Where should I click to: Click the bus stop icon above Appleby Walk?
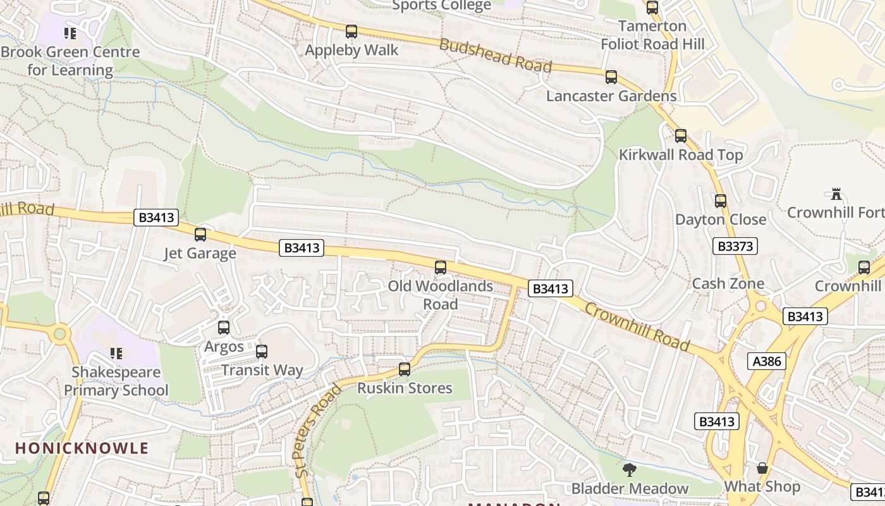point(351,32)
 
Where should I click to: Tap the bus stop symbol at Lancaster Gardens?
point(611,77)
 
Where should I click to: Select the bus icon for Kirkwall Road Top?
point(681,136)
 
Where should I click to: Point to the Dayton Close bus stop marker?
point(721,201)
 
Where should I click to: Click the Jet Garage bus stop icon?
point(200,235)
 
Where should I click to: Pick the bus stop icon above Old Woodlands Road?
point(441,268)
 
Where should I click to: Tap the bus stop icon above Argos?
point(224,328)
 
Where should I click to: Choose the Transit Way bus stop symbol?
point(262,352)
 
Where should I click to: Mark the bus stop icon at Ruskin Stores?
point(405,369)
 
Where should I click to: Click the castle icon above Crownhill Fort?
point(836,194)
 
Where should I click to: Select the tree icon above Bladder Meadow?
point(629,470)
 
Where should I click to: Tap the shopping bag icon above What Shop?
point(762,468)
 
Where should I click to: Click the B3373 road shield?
point(735,246)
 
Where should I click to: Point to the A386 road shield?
point(767,361)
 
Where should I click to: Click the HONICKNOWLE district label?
point(82,448)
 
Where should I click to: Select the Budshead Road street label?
point(496,56)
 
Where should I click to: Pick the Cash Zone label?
point(728,283)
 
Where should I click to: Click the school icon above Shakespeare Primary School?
point(116,353)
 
